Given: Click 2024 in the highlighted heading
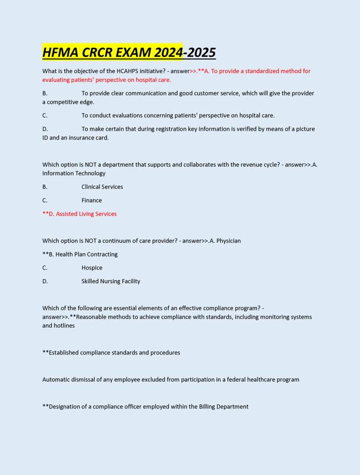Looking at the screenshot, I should tap(168, 52).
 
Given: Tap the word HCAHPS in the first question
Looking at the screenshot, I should tap(137, 71).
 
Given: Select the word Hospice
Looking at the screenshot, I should tap(92, 268).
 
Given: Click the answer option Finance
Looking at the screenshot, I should tap(91, 201).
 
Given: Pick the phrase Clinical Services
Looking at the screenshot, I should tap(102, 187).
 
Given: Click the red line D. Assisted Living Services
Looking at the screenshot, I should tap(80, 214).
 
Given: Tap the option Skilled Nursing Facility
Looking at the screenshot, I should tap(110, 281).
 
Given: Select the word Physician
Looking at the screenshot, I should tap(229, 241).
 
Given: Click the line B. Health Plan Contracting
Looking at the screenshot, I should tap(80, 255).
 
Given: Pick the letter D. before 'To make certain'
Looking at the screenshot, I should tap(45, 129).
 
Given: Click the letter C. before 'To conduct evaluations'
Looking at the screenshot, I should tap(45, 116).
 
